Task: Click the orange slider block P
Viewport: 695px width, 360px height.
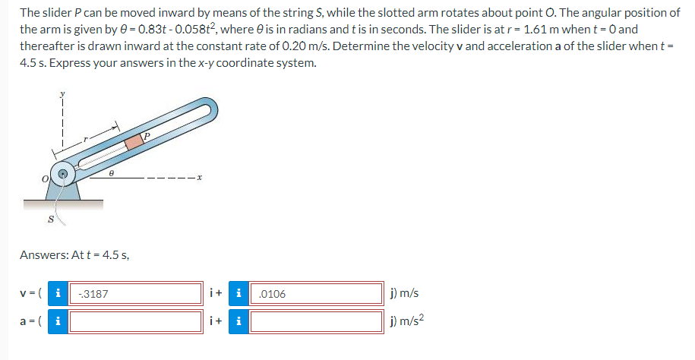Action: point(134,141)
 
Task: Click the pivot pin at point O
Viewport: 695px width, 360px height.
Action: point(65,174)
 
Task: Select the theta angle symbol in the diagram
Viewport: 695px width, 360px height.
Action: point(112,173)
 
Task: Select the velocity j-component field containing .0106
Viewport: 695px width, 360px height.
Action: point(316,293)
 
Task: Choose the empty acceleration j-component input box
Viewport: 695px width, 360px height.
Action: point(316,320)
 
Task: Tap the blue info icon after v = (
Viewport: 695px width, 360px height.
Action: point(58,293)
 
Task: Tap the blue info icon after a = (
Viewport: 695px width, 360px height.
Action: point(58,320)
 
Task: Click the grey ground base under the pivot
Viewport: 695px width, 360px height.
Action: point(63,204)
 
